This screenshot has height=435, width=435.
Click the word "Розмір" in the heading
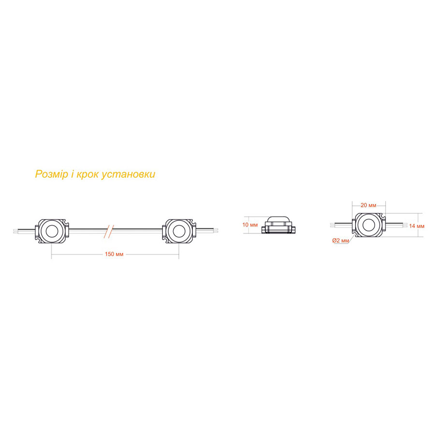[x=51, y=174]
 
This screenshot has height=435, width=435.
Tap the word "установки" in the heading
[x=128, y=174]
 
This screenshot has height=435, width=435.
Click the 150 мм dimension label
[x=114, y=254]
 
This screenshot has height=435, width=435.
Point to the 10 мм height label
[x=250, y=225]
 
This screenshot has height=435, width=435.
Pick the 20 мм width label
[x=368, y=205]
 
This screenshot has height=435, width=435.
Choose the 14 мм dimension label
[x=417, y=226]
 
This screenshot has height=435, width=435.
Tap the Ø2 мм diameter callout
[x=340, y=241]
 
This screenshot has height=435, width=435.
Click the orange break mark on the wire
[x=109, y=231]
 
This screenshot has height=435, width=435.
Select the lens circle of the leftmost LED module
[x=52, y=231]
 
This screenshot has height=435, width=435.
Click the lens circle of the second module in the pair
[x=179, y=231]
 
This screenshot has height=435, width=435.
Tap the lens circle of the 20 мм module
[x=369, y=225]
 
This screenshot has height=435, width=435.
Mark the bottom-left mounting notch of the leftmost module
[x=38, y=240]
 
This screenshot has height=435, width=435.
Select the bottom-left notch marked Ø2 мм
[x=355, y=234]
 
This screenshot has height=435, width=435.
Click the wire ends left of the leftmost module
[x=16, y=231]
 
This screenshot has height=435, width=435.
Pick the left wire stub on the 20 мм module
[x=341, y=225]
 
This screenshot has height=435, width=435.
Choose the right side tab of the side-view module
[x=293, y=230]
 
